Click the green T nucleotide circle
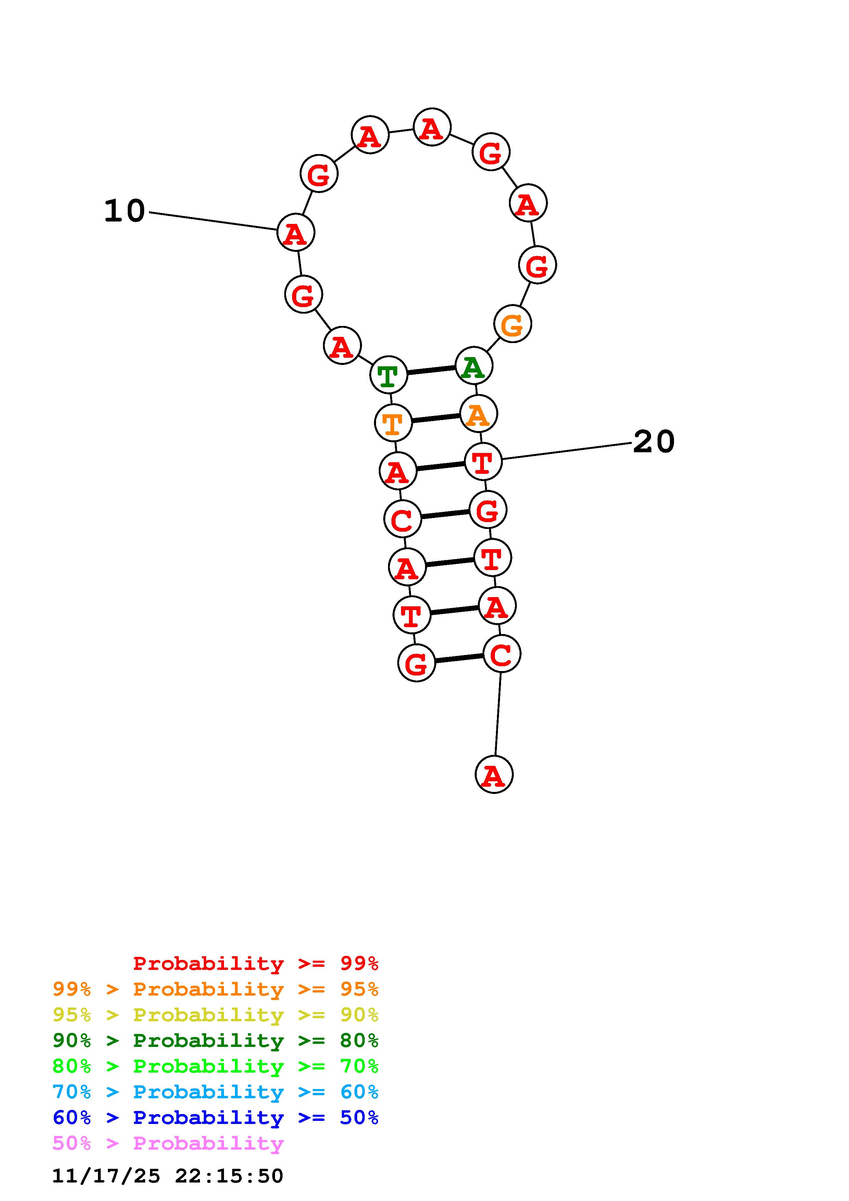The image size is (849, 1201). tap(388, 375)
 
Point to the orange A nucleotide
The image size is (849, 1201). tap(478, 414)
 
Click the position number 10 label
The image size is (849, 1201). tap(125, 211)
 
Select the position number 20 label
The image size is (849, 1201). tap(654, 442)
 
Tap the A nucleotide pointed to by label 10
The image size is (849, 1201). tap(296, 233)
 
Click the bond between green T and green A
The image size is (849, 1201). tap(431, 370)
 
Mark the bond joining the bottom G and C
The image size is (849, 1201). tap(459, 659)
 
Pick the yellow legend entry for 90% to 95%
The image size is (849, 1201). tap(215, 1015)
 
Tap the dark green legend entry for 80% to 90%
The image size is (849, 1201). tap(215, 1040)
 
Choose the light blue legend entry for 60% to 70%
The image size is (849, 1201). tap(215, 1092)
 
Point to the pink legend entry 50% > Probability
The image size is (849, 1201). tap(168, 1143)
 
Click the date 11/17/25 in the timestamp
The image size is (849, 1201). tap(106, 1176)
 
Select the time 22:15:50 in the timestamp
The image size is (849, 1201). tap(229, 1176)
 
